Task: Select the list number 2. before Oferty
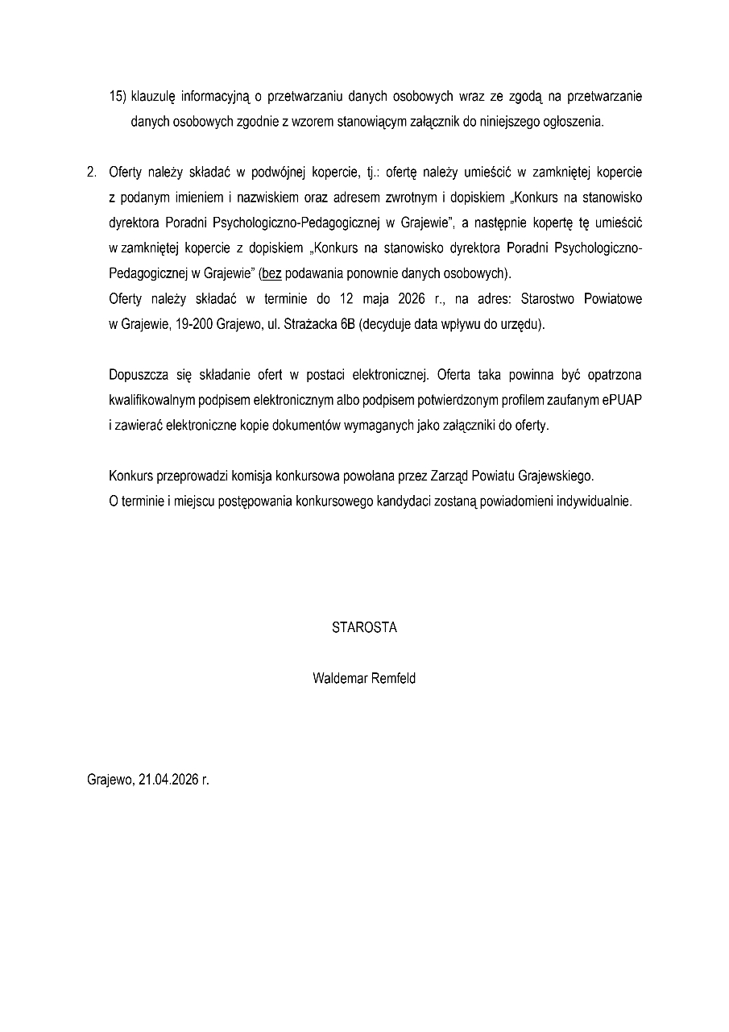click(x=92, y=173)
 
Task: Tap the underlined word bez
click(x=271, y=273)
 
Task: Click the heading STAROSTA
click(x=364, y=628)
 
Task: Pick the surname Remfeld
click(x=393, y=679)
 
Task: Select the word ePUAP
click(x=620, y=400)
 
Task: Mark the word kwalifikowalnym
click(x=156, y=400)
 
